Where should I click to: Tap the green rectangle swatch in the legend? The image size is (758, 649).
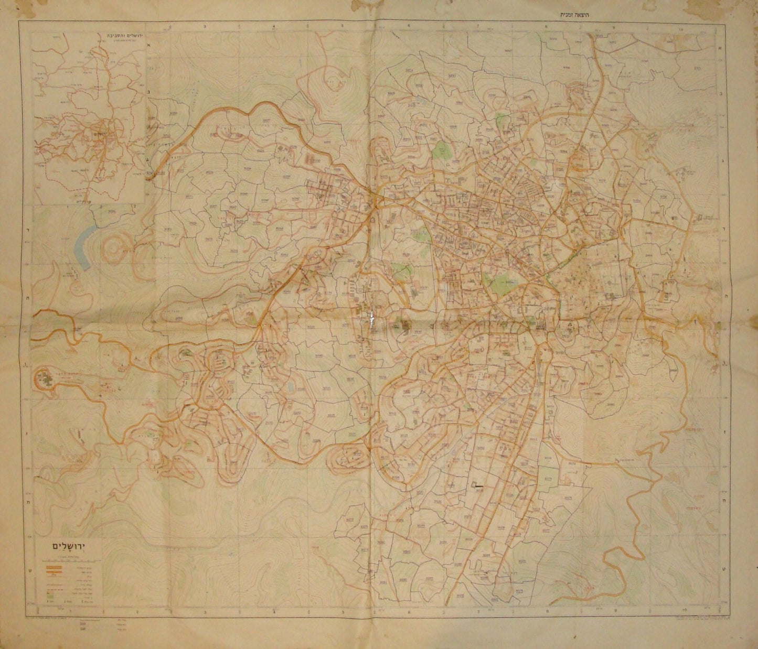50,596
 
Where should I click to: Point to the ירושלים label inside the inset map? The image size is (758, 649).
98,127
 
